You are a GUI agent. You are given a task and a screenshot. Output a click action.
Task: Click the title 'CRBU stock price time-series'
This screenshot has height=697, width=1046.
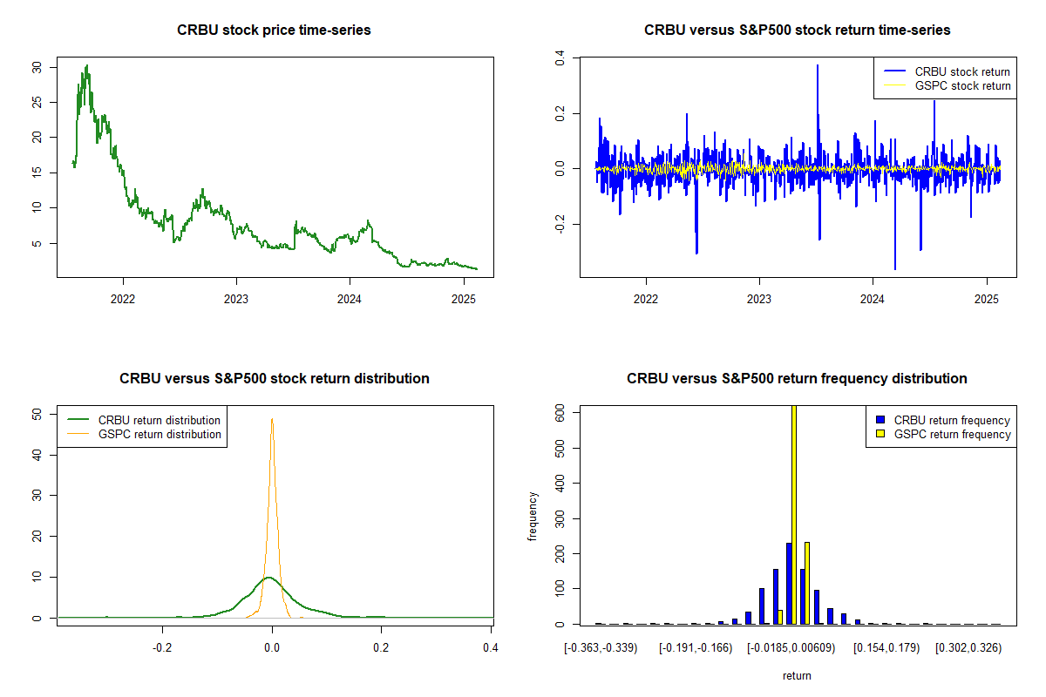click(x=275, y=30)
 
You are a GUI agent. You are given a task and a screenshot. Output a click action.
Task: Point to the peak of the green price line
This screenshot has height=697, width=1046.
click(x=86, y=65)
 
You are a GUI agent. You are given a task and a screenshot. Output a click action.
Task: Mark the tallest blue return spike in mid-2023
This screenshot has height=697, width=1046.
click(x=818, y=65)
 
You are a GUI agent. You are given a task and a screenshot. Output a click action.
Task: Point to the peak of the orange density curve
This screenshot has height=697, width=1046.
click(x=272, y=419)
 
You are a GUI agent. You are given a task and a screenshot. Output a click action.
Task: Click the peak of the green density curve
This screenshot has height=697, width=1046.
click(x=270, y=577)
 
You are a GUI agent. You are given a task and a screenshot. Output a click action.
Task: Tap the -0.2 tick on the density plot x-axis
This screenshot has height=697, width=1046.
click(x=162, y=648)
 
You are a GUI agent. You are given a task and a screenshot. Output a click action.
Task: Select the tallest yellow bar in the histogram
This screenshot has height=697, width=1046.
click(x=794, y=514)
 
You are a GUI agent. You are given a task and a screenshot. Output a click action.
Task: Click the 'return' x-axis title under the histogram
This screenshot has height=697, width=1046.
click(x=797, y=675)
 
